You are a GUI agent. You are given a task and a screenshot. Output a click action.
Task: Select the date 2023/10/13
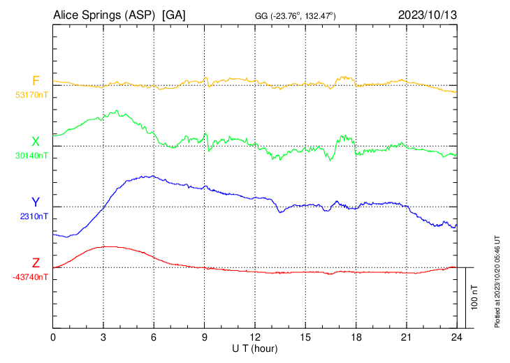427,14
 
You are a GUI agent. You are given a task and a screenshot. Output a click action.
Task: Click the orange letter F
36,80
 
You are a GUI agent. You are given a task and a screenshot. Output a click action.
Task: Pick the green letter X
36,142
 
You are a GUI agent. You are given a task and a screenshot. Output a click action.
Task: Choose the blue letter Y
36,202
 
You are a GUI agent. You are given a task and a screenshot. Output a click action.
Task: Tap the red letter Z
36,263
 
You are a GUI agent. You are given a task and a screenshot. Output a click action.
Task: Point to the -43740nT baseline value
30,277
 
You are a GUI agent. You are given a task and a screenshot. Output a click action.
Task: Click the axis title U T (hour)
256,348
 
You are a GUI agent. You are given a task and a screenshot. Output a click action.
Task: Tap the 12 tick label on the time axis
255,337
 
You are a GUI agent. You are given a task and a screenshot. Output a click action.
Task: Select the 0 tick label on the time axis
53,337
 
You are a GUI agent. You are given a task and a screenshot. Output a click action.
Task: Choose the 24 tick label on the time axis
457,337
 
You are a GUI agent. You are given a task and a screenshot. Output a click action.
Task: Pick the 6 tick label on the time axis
154,337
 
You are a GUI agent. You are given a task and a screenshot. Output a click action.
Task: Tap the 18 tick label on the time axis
356,337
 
